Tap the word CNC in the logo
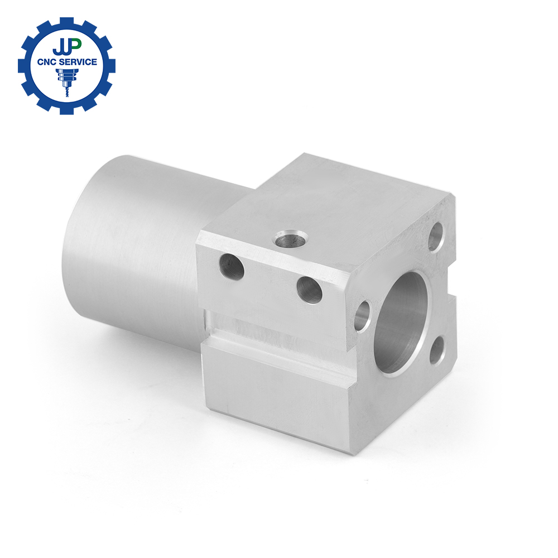[47, 62]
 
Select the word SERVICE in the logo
[78, 62]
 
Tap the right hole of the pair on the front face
[309, 290]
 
